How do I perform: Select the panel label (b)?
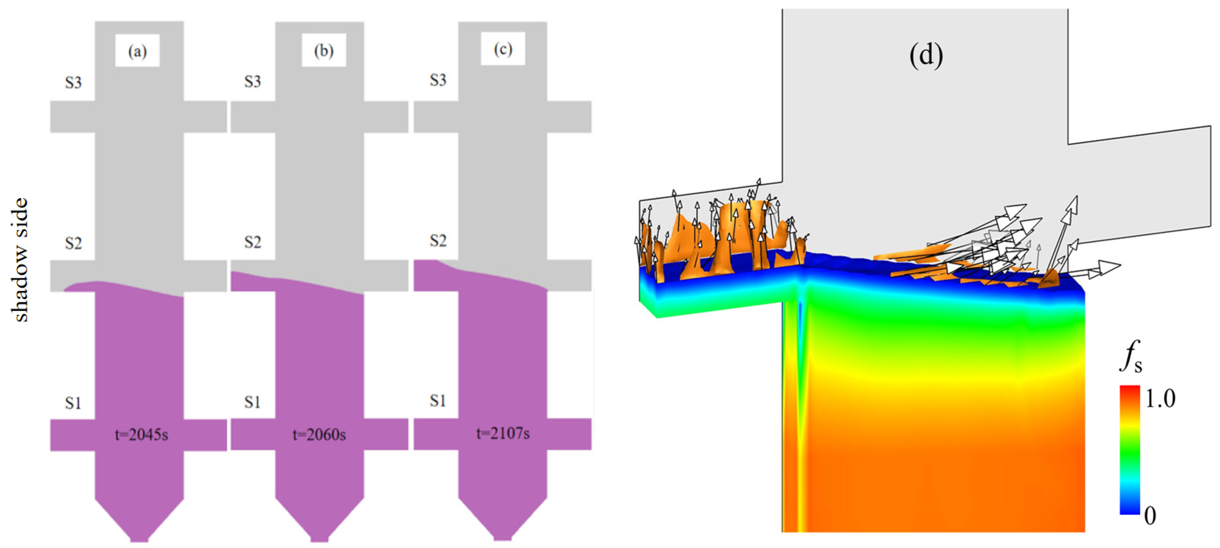(324, 50)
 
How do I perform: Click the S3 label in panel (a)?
(73, 83)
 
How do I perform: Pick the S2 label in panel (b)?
(253, 243)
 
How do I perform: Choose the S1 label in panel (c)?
(438, 401)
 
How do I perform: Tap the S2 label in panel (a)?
(73, 243)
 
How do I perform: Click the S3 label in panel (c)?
(438, 80)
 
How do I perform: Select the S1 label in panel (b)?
(253, 403)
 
